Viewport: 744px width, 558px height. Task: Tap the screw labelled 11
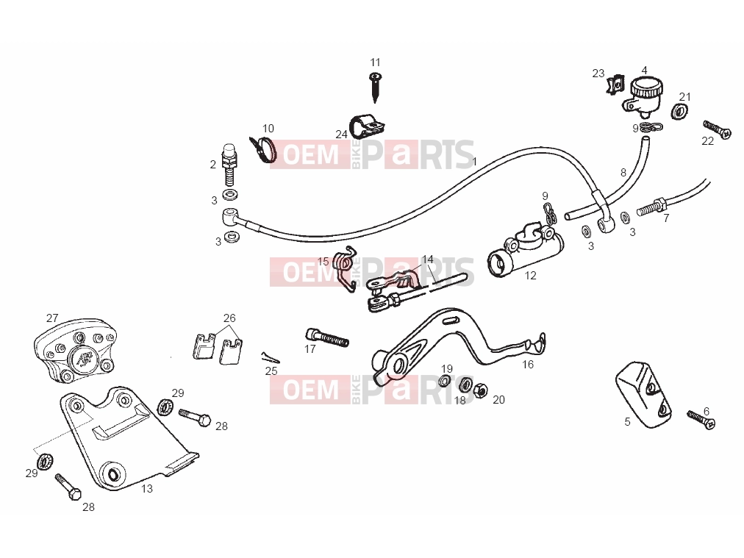point(376,87)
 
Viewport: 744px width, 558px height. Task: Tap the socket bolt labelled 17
point(327,337)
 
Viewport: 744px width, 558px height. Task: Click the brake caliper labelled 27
point(74,350)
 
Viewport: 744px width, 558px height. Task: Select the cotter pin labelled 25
point(270,357)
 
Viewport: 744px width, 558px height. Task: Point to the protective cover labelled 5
point(643,394)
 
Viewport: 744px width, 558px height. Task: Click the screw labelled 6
point(701,420)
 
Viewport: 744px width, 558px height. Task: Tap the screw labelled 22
point(717,129)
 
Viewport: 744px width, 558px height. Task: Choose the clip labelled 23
point(616,85)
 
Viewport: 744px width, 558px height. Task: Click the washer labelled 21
point(680,112)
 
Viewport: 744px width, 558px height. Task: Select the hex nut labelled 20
point(480,390)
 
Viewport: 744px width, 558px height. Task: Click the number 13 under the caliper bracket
point(147,488)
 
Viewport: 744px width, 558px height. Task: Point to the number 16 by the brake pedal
point(528,365)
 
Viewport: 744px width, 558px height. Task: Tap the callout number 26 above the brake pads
point(229,318)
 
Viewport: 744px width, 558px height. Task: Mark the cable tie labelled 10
point(263,149)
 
